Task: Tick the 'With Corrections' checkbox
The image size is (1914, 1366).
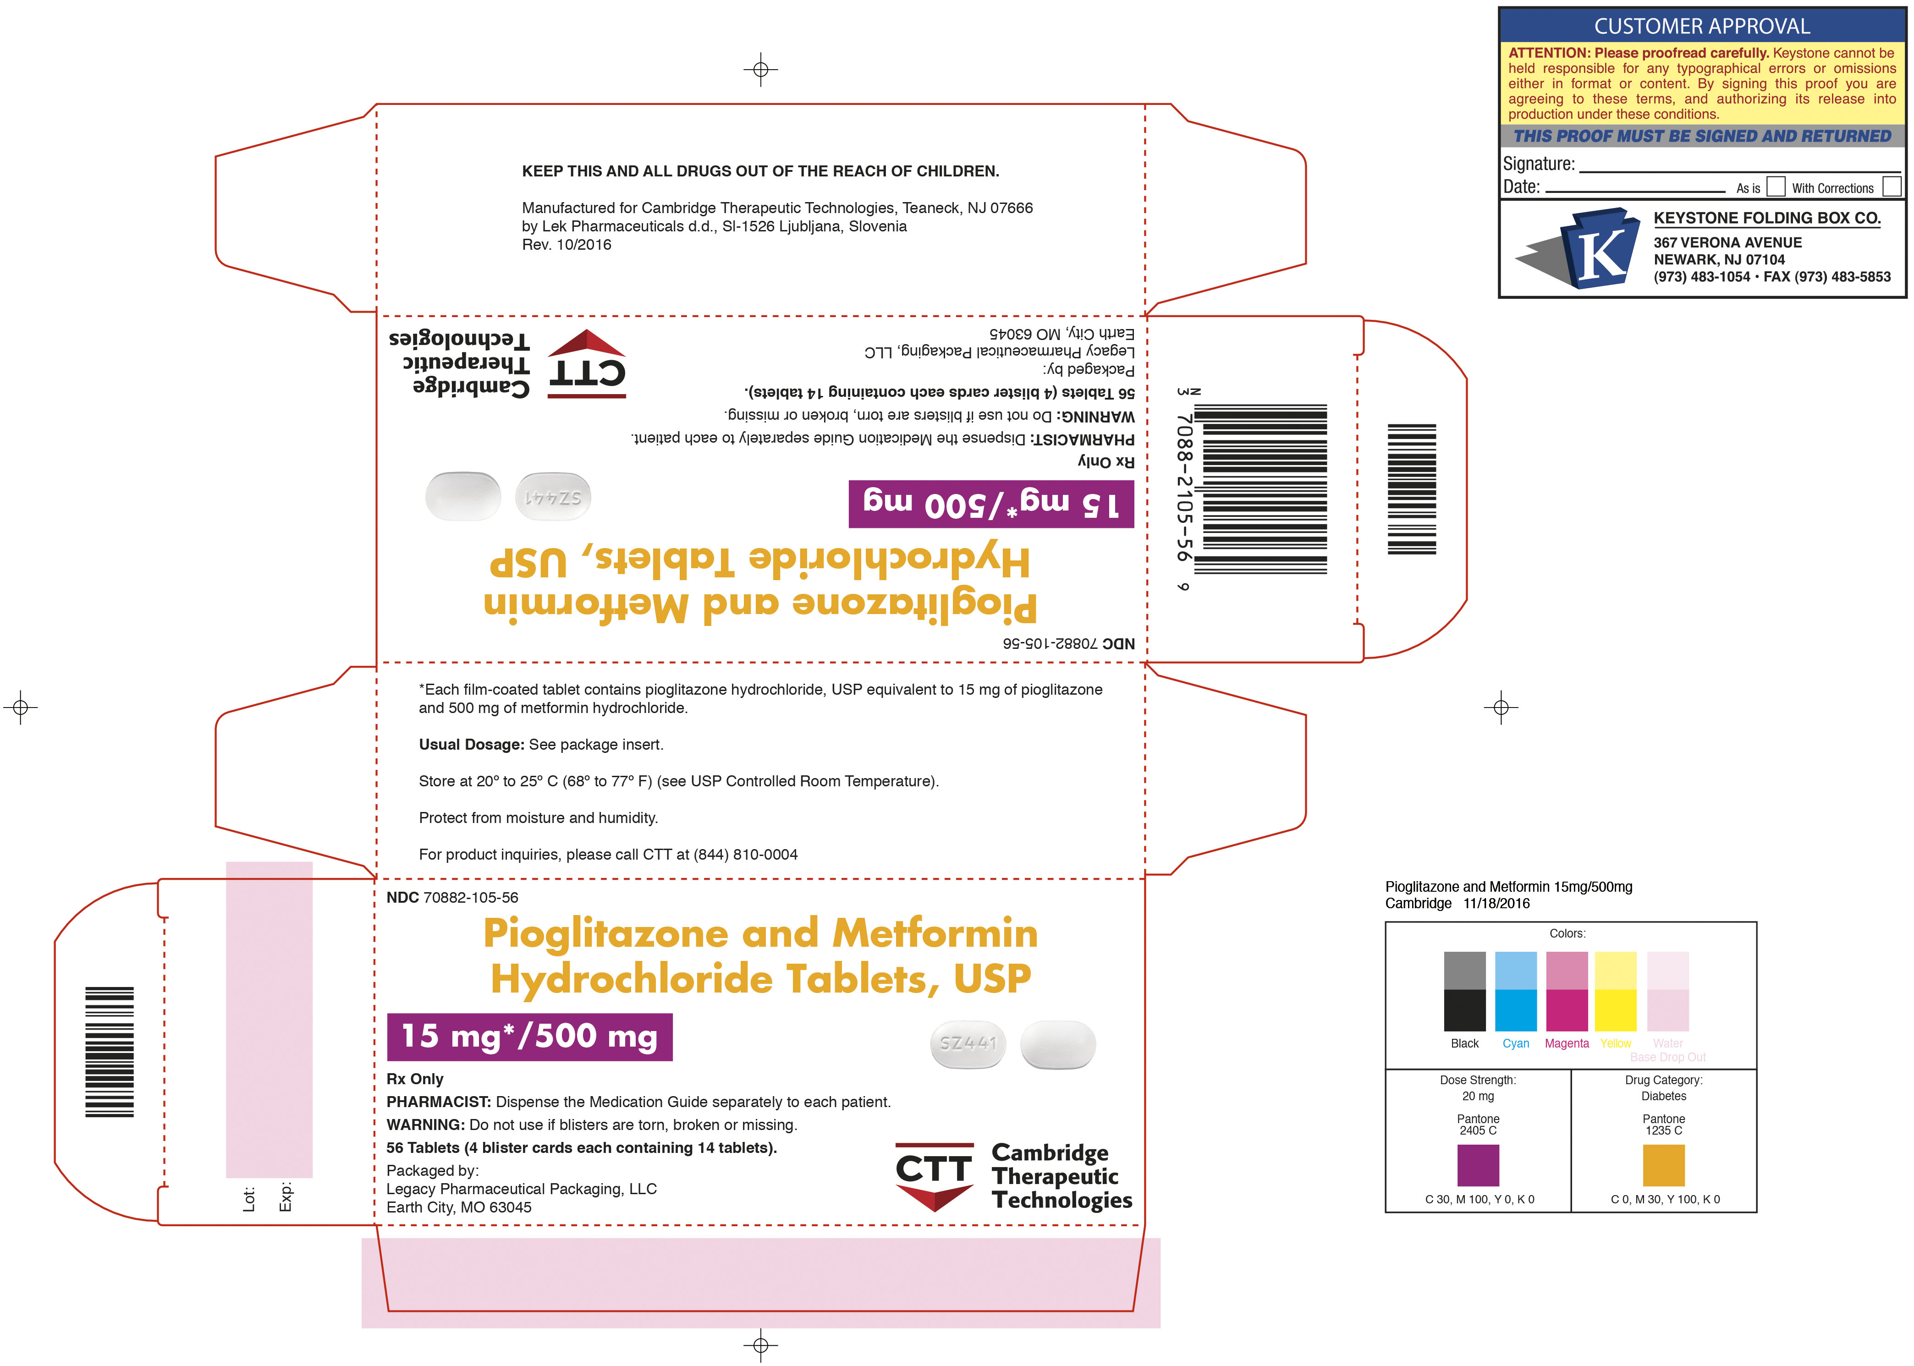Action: (1891, 186)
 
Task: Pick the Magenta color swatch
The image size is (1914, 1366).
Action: (1567, 991)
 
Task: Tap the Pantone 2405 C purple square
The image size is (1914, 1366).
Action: (1478, 1165)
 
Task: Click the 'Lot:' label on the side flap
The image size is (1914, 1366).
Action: (249, 1200)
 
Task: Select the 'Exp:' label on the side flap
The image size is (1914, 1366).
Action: (286, 1197)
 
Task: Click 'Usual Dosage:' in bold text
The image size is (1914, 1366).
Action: (471, 744)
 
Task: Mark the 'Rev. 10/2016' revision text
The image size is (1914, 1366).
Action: (566, 245)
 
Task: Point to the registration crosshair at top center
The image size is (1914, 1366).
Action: (760, 69)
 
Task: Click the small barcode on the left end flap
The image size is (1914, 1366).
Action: (110, 1051)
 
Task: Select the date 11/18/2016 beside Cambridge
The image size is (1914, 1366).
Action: (1497, 903)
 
